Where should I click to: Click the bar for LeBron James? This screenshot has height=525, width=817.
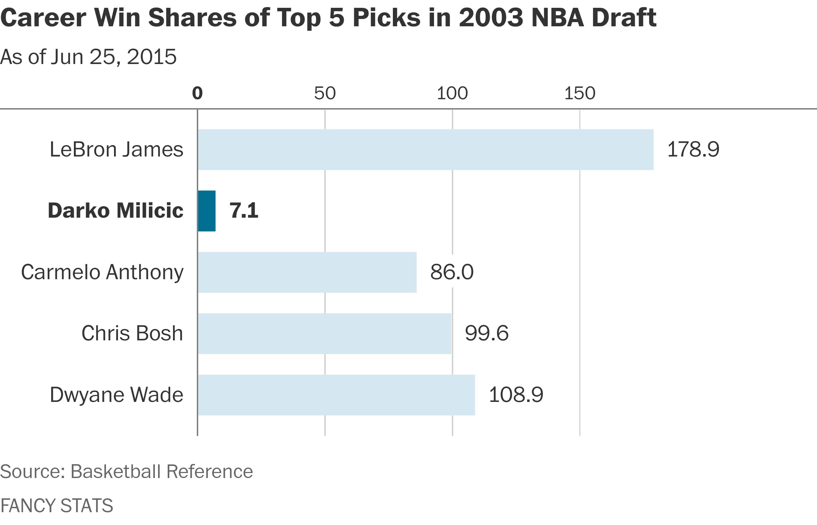pyautogui.click(x=426, y=150)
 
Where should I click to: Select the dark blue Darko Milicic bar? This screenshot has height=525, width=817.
pyautogui.click(x=207, y=211)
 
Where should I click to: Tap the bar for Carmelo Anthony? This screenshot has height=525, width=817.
pyautogui.click(x=307, y=272)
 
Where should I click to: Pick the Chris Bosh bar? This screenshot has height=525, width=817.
pyautogui.click(x=325, y=334)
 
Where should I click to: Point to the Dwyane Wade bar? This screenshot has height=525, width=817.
pyautogui.click(x=336, y=395)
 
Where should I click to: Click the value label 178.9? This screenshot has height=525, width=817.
pyautogui.click(x=693, y=149)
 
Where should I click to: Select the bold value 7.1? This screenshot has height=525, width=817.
pyautogui.click(x=244, y=211)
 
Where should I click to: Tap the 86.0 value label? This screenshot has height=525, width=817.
pyautogui.click(x=452, y=272)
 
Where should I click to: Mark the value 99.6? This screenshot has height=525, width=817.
pyautogui.click(x=487, y=333)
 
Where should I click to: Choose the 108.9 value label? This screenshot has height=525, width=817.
pyautogui.click(x=516, y=395)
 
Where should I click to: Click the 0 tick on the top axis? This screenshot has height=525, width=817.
pyautogui.click(x=197, y=93)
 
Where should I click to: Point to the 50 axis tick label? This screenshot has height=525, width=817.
pyautogui.click(x=325, y=93)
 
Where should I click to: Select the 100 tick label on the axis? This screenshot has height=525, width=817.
pyautogui.click(x=452, y=93)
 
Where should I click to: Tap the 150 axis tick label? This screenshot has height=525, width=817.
pyautogui.click(x=580, y=93)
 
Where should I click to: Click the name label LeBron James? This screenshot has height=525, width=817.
pyautogui.click(x=117, y=149)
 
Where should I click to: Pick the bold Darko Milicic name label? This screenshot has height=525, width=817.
pyautogui.click(x=115, y=211)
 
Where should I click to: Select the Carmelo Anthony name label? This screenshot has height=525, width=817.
pyautogui.click(x=102, y=272)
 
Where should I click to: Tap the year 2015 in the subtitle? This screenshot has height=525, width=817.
pyautogui.click(x=152, y=57)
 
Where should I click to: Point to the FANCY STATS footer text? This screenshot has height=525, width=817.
pyautogui.click(x=57, y=505)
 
